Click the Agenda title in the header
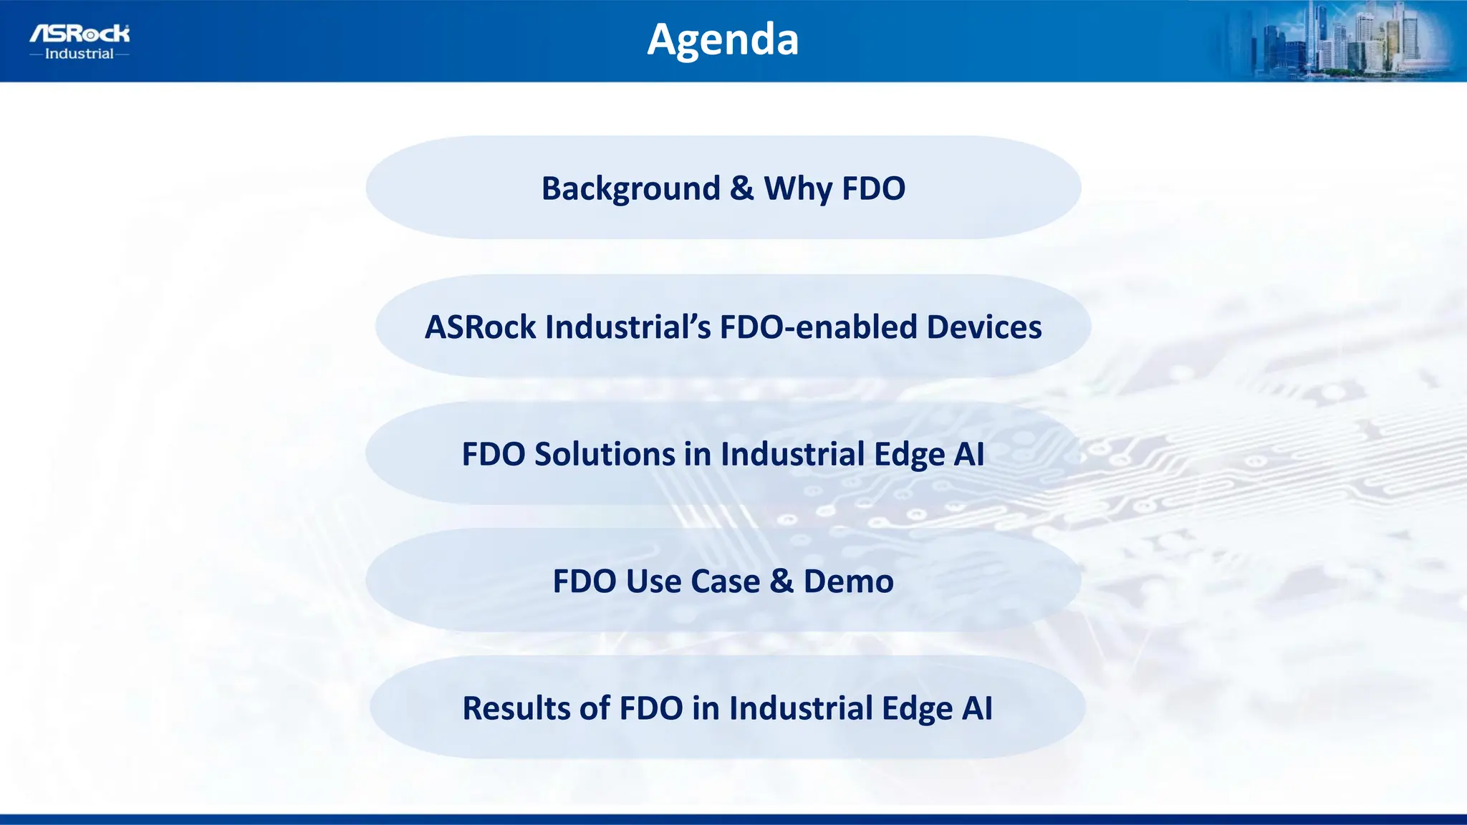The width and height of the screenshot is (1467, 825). [722, 39]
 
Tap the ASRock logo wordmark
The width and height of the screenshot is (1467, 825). [80, 33]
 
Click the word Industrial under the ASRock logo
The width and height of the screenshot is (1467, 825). [79, 54]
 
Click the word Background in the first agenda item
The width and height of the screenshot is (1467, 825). [630, 188]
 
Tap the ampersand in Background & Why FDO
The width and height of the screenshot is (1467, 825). [741, 188]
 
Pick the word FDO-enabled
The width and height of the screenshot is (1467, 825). [818, 327]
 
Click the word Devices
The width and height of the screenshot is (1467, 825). [983, 327]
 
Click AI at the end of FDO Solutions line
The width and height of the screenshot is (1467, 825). [969, 454]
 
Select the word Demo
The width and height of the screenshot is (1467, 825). [848, 582]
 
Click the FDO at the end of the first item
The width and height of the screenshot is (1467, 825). [873, 188]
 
